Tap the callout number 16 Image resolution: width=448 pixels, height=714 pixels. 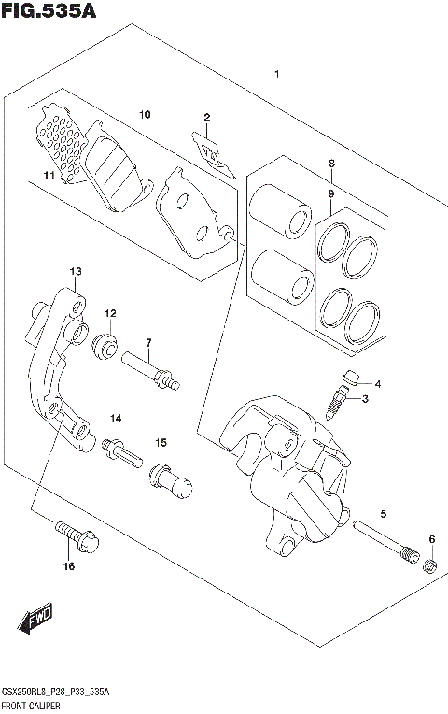(68, 566)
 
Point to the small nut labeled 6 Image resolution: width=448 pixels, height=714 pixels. (432, 565)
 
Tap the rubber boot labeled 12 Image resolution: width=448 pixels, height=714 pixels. (107, 347)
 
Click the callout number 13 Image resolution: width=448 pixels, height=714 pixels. (75, 271)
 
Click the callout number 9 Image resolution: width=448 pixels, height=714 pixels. (329, 193)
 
